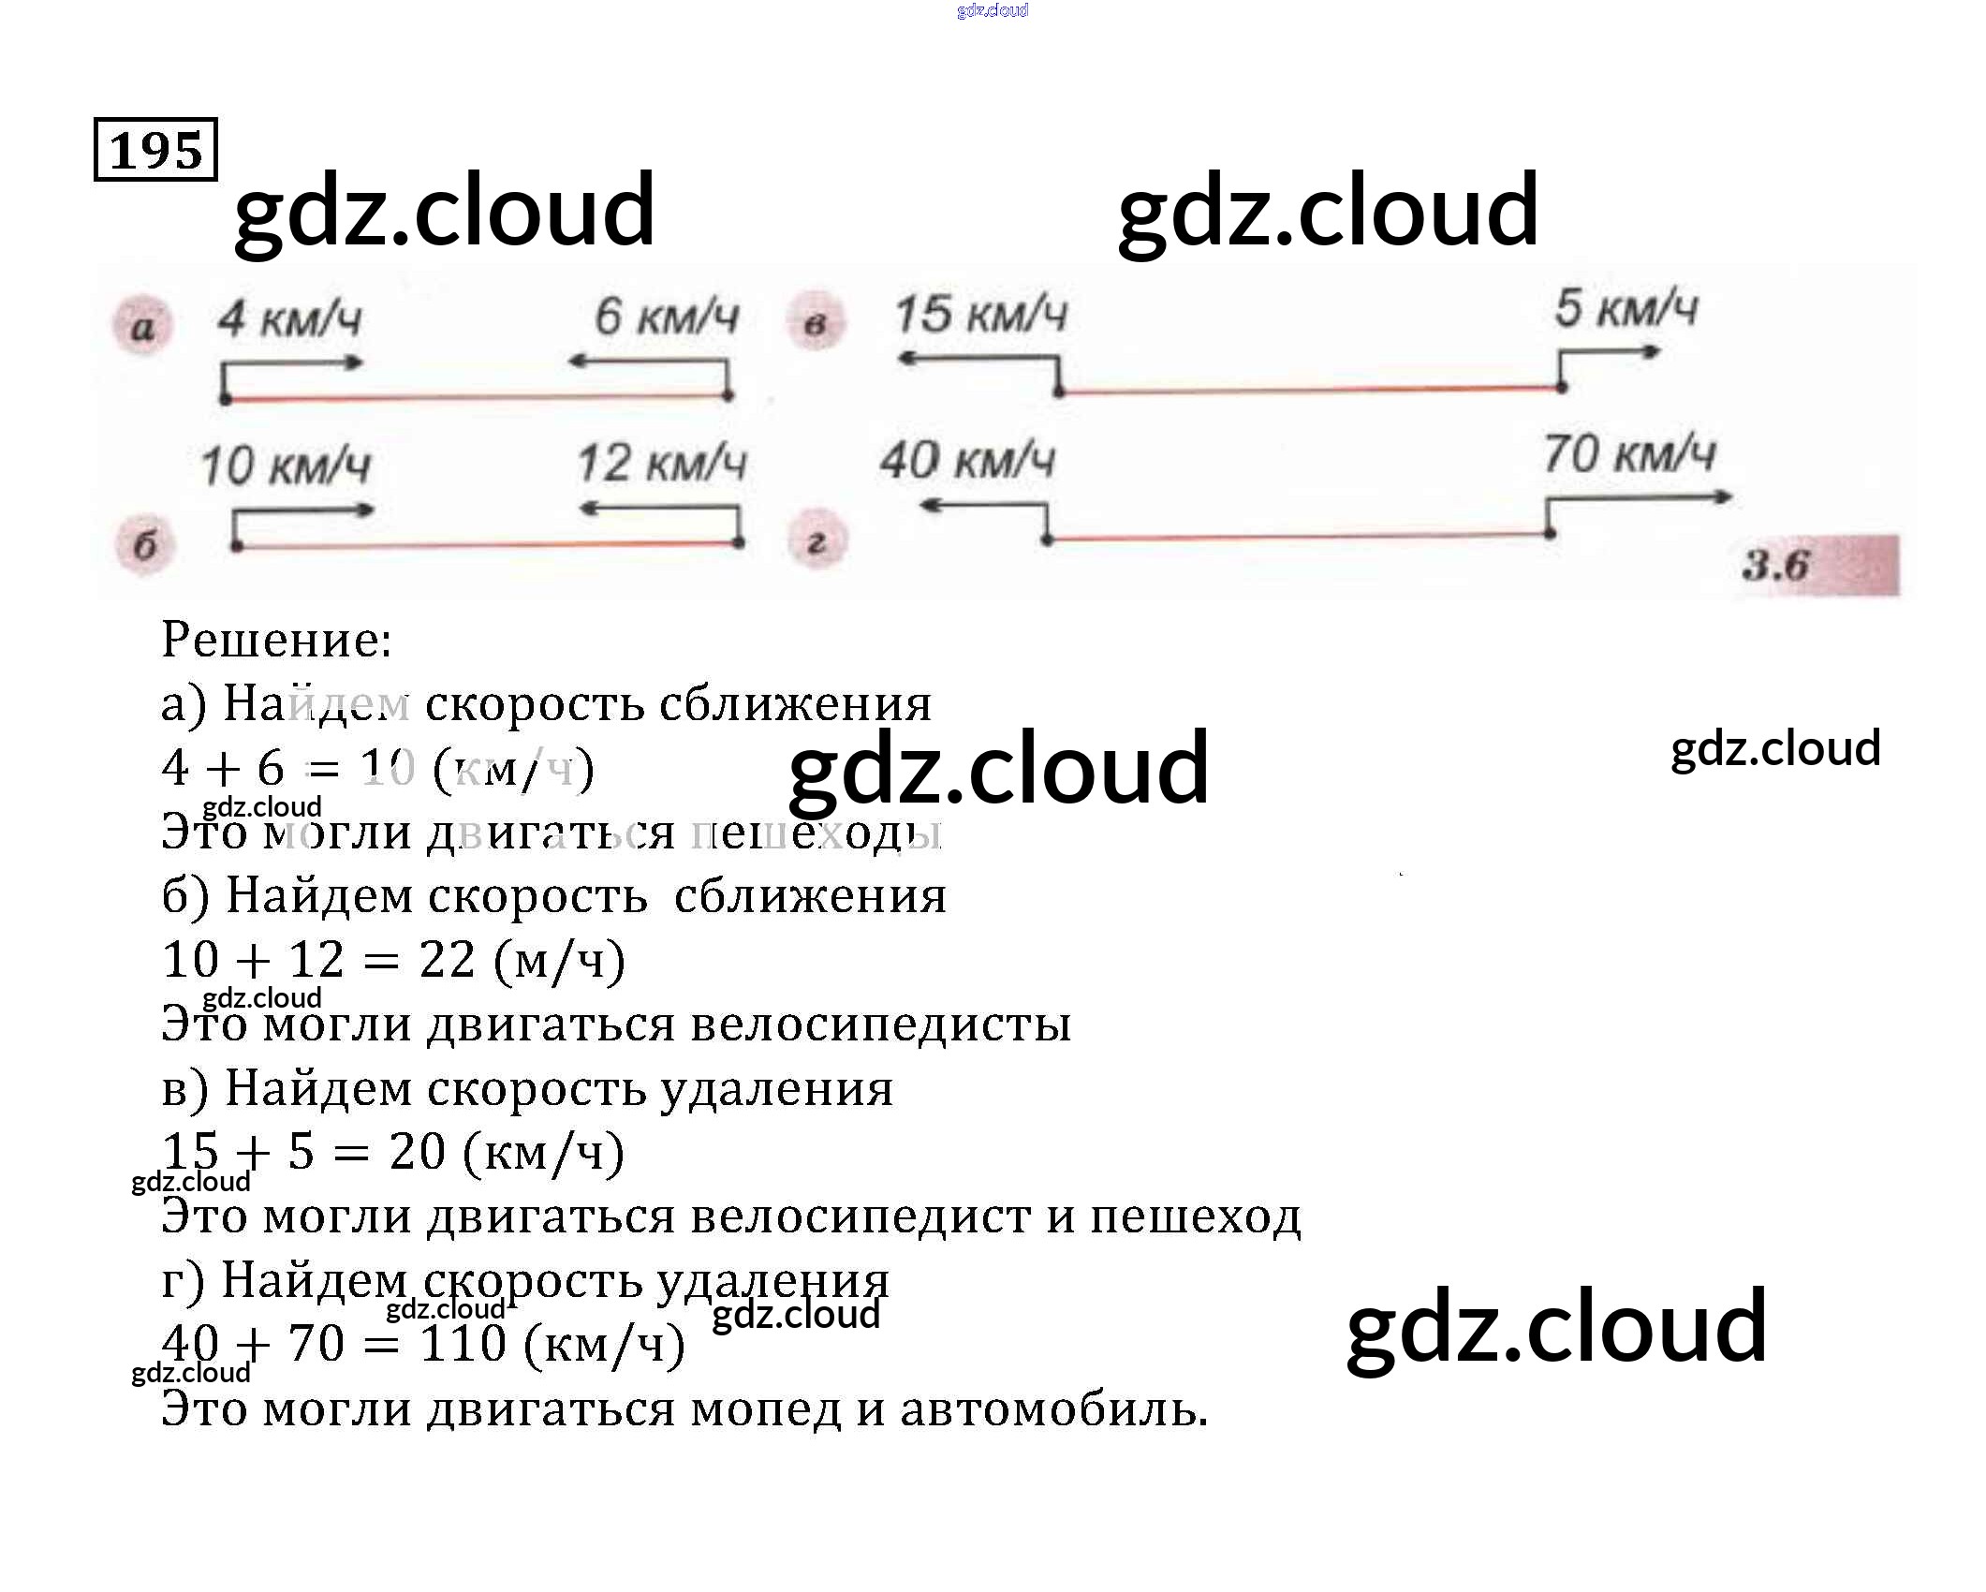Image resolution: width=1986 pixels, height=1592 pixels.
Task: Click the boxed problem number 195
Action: point(155,150)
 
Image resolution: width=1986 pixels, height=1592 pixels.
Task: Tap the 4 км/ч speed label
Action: point(289,319)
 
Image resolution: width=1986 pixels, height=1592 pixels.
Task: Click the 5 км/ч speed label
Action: point(1626,307)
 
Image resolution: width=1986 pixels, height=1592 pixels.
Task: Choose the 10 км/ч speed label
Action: point(286,465)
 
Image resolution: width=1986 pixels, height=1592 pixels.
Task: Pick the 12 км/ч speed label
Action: point(661,463)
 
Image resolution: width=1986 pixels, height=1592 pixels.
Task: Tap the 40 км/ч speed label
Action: point(966,461)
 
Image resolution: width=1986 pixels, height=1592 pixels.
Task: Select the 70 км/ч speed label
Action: point(1628,454)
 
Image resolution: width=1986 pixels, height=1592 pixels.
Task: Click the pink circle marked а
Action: point(142,327)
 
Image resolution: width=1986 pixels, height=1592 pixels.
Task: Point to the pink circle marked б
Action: point(144,545)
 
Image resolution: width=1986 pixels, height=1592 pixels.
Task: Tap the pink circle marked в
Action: point(816,324)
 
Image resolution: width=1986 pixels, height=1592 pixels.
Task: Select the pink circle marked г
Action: point(816,542)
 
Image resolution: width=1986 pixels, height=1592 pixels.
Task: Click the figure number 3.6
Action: point(1776,565)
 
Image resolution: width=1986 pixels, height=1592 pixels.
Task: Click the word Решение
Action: point(276,640)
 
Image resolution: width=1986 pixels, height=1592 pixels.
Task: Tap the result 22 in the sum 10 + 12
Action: point(448,959)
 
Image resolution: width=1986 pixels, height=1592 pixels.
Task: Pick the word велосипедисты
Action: point(880,1024)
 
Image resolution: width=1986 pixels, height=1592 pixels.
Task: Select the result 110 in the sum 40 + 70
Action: point(463,1344)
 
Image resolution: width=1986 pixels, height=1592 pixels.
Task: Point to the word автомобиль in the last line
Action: point(1053,1408)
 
